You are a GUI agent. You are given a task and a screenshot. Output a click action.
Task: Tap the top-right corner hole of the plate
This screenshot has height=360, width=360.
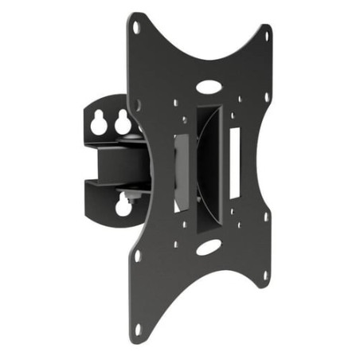click(x=267, y=33)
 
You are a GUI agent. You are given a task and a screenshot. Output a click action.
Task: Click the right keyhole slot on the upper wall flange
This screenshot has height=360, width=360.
click(x=123, y=122)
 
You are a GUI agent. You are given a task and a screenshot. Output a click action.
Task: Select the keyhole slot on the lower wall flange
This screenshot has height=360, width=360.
click(x=123, y=206)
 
